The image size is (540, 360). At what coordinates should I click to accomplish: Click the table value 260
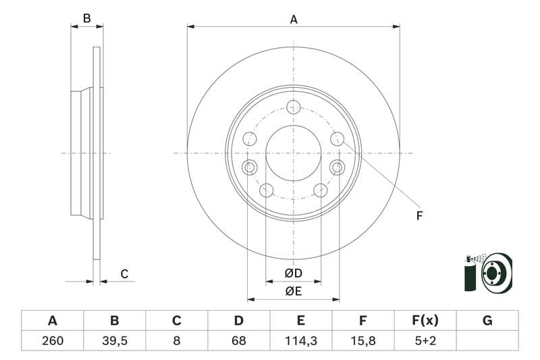click(x=52, y=340)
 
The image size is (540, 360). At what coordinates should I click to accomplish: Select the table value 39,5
click(x=114, y=340)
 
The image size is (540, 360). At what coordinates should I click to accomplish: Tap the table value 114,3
click(x=301, y=340)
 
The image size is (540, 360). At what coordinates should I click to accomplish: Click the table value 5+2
click(x=425, y=340)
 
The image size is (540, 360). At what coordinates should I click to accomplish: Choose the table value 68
click(x=239, y=340)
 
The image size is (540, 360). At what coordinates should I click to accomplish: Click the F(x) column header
click(x=425, y=320)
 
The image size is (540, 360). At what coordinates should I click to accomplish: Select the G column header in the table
click(x=487, y=320)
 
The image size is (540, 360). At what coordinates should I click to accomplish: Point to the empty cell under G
click(x=487, y=340)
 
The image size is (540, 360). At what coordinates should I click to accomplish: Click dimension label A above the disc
click(x=294, y=20)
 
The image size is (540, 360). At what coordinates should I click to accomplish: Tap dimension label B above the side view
click(x=86, y=18)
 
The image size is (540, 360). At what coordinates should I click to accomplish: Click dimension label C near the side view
click(x=124, y=274)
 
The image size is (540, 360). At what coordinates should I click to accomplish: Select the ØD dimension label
click(x=293, y=274)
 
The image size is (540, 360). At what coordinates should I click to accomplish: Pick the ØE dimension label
click(x=293, y=291)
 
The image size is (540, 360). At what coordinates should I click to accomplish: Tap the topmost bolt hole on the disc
click(x=293, y=106)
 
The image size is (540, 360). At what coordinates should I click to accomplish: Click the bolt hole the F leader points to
click(x=337, y=138)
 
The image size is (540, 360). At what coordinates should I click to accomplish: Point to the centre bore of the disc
click(x=293, y=153)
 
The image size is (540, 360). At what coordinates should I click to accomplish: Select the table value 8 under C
click(x=176, y=340)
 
